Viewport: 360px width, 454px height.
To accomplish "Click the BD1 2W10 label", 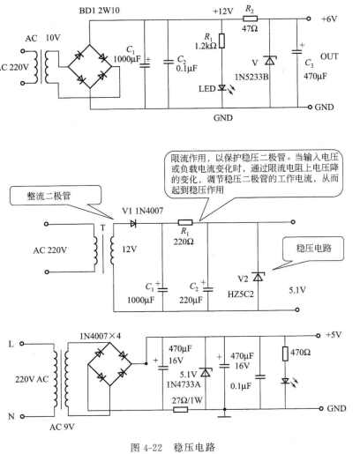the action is click(x=100, y=11).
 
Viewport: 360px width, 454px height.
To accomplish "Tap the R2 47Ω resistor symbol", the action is click(x=251, y=19).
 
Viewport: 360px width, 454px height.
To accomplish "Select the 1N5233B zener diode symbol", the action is click(x=270, y=61).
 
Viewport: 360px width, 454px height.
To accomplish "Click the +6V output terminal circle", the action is click(x=308, y=19).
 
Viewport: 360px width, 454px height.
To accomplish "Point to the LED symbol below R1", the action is click(x=221, y=87).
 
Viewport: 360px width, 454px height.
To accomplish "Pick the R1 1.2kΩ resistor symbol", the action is click(x=221, y=41).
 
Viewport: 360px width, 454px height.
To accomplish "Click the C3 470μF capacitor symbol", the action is click(x=297, y=52).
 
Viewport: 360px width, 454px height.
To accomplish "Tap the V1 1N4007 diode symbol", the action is click(x=133, y=224).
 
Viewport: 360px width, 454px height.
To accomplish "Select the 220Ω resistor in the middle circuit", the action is click(x=185, y=222).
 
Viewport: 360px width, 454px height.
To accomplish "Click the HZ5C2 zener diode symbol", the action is click(x=258, y=277).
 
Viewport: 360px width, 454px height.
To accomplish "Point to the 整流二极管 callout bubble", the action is click(x=56, y=196).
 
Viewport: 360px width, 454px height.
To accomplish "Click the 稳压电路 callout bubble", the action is click(x=313, y=249).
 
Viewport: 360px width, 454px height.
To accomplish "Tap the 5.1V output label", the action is click(x=297, y=290).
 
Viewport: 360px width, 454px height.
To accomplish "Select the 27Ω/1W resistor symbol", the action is click(x=180, y=409).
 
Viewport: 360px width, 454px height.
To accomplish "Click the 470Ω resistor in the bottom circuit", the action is click(x=285, y=354).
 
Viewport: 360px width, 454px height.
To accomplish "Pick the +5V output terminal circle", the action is click(x=318, y=335).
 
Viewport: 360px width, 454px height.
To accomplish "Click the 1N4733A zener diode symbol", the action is click(x=205, y=372).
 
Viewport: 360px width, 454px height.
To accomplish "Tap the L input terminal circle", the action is click(x=21, y=344).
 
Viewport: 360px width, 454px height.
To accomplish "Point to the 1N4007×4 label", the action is click(x=100, y=336).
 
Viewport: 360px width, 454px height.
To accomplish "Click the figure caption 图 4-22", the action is click(x=146, y=448).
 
